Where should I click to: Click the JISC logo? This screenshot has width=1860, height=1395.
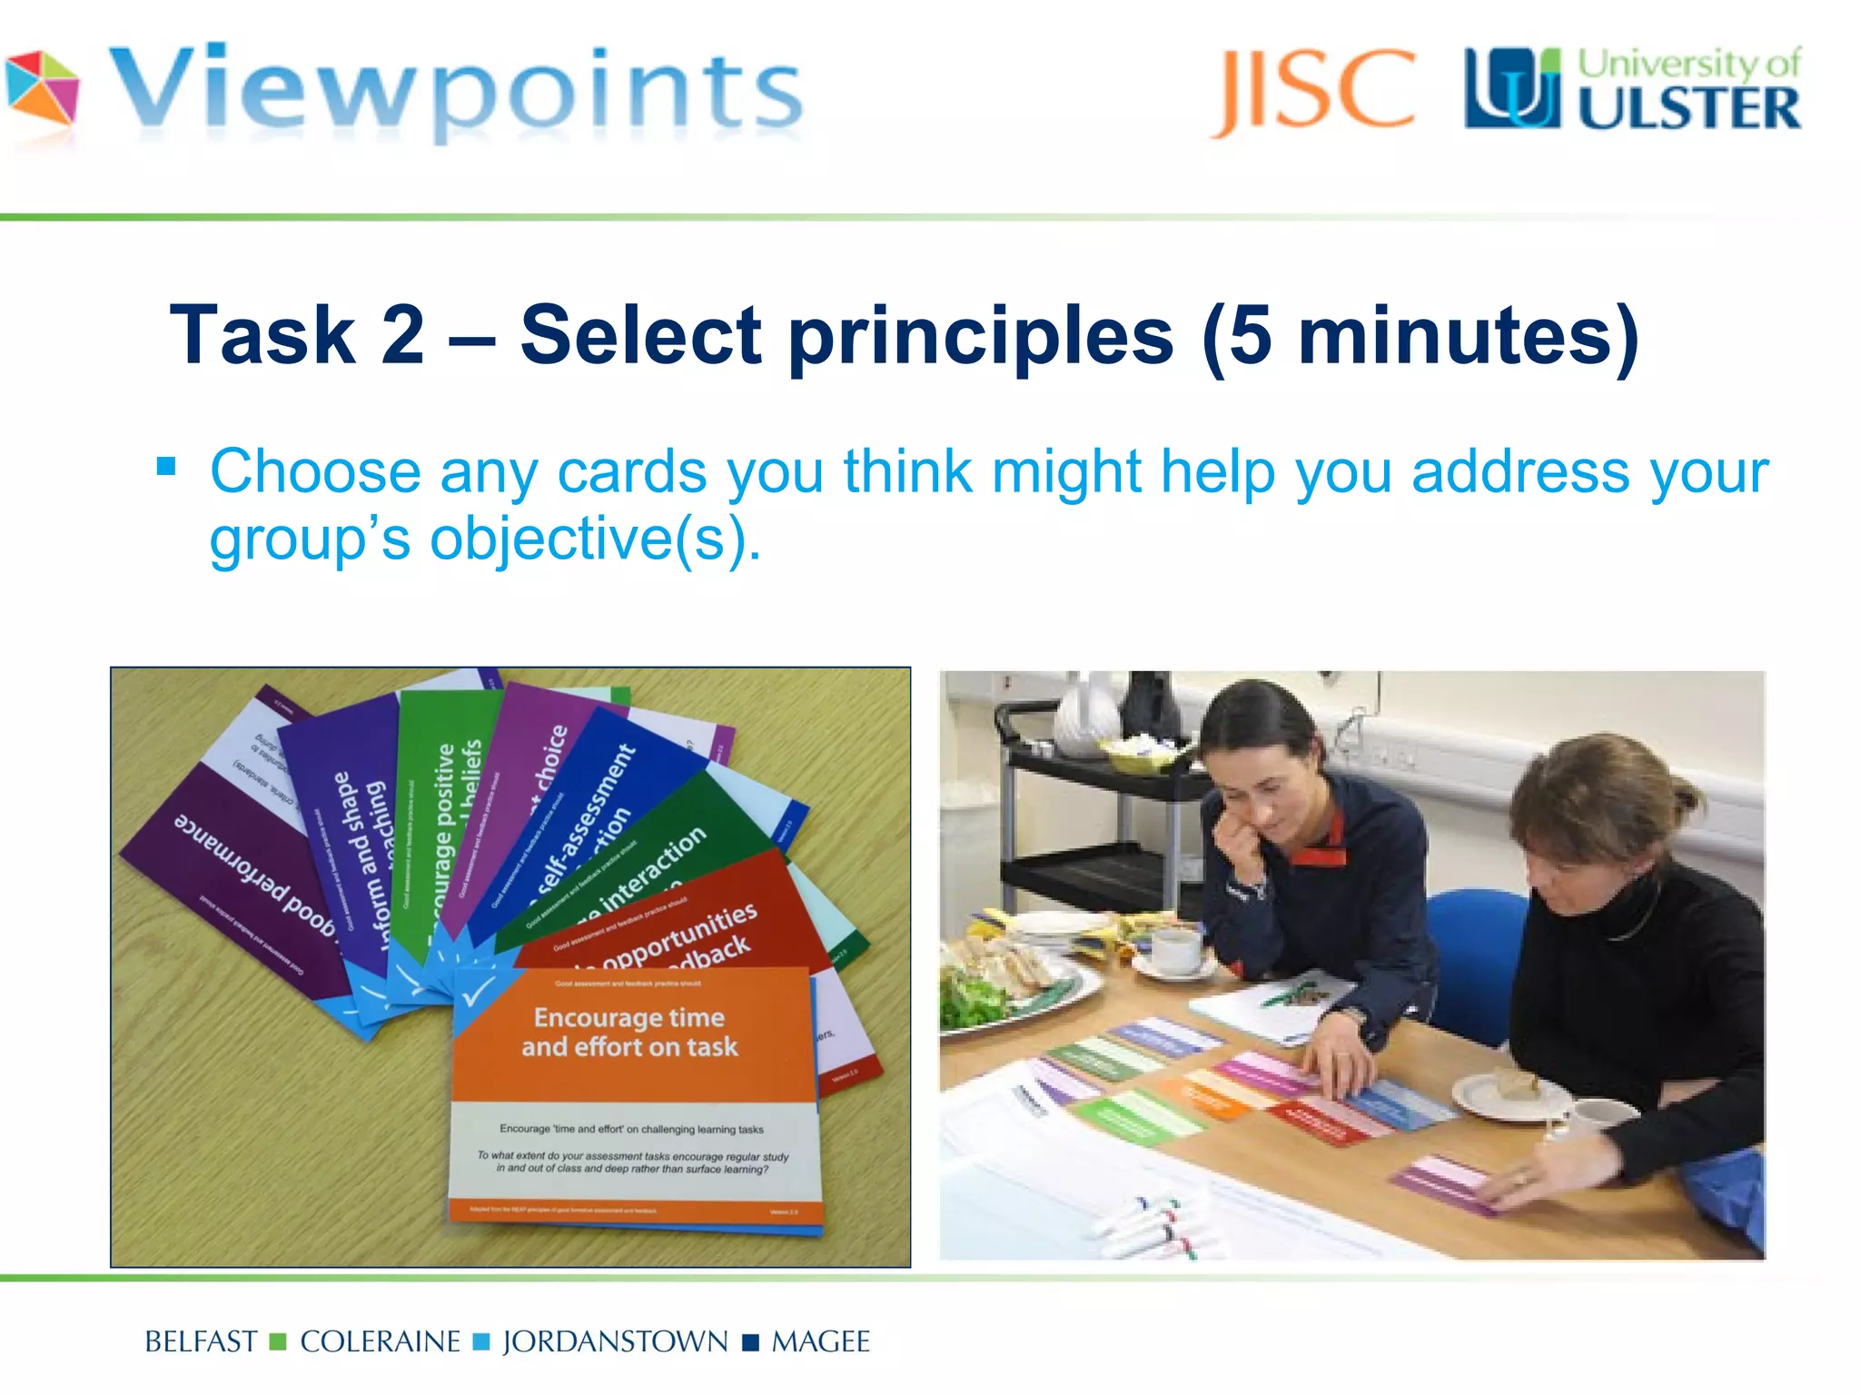point(1313,90)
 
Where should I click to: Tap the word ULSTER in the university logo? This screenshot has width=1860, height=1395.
point(1688,110)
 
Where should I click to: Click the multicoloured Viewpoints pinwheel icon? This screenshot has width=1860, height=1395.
point(42,88)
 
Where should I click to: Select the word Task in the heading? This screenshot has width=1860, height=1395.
point(262,335)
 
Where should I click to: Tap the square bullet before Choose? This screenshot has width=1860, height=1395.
point(166,467)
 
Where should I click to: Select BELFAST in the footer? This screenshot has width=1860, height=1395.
point(201,1341)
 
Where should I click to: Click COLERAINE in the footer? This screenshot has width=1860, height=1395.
point(380,1341)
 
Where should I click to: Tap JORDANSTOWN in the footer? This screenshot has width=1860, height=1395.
point(615,1341)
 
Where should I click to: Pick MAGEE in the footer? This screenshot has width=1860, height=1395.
point(820,1341)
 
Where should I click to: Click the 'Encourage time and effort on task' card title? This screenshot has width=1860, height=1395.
point(629,1032)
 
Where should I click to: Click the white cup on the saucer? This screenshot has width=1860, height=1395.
point(1175,949)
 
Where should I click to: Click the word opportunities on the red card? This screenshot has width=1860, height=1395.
point(678,936)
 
